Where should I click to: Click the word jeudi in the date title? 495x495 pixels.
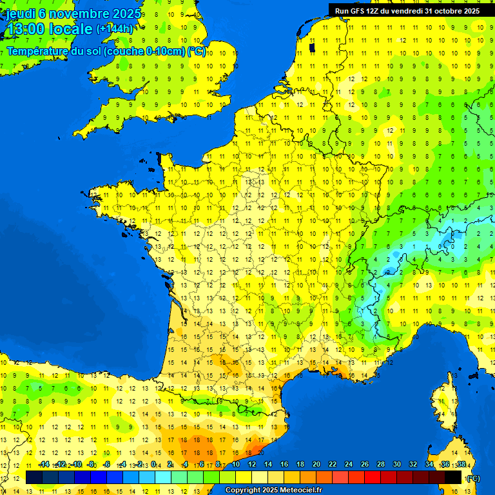(x=20, y=14)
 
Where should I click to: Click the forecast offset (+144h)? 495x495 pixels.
(x=114, y=29)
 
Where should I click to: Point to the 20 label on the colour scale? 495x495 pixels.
(x=316, y=464)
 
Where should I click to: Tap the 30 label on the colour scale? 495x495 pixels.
(x=396, y=464)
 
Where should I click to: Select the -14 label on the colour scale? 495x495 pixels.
(x=44, y=464)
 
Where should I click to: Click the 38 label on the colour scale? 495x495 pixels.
(x=461, y=464)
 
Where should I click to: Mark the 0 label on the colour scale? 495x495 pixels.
(x=153, y=464)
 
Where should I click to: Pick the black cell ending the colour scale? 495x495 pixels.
(x=453, y=477)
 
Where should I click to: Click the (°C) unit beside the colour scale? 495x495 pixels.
(x=474, y=478)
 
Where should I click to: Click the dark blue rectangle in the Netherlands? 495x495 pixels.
(x=313, y=47)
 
